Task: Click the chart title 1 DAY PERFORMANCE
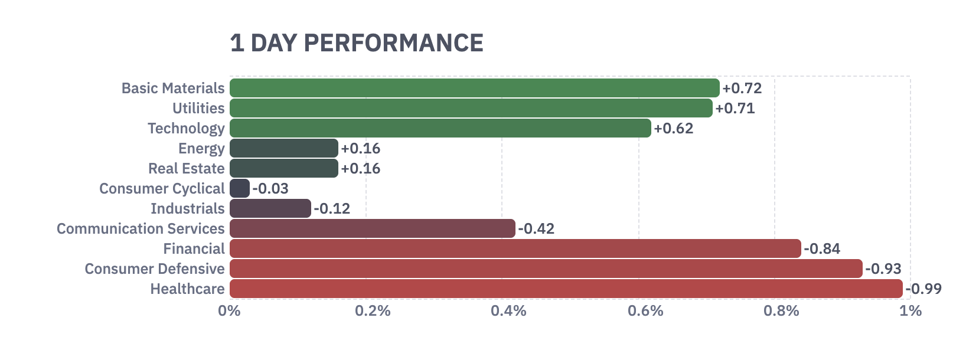click(x=357, y=44)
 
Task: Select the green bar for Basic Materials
click(x=474, y=88)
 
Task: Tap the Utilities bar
click(x=471, y=108)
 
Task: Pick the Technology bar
click(x=440, y=128)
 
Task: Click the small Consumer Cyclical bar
click(x=240, y=188)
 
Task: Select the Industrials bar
click(x=270, y=208)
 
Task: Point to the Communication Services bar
click(x=372, y=228)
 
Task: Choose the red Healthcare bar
click(x=566, y=289)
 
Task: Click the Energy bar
click(x=283, y=148)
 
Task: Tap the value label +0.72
click(x=742, y=89)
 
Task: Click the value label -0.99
click(x=923, y=289)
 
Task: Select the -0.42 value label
click(x=536, y=229)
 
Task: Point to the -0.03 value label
click(x=270, y=189)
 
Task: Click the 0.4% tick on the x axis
click(x=508, y=311)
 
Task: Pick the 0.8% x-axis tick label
click(x=781, y=311)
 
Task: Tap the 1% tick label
click(x=910, y=311)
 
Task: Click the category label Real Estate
click(x=186, y=169)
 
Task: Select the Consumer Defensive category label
click(x=154, y=269)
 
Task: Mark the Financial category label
click(x=194, y=249)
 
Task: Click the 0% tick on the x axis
click(x=229, y=311)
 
